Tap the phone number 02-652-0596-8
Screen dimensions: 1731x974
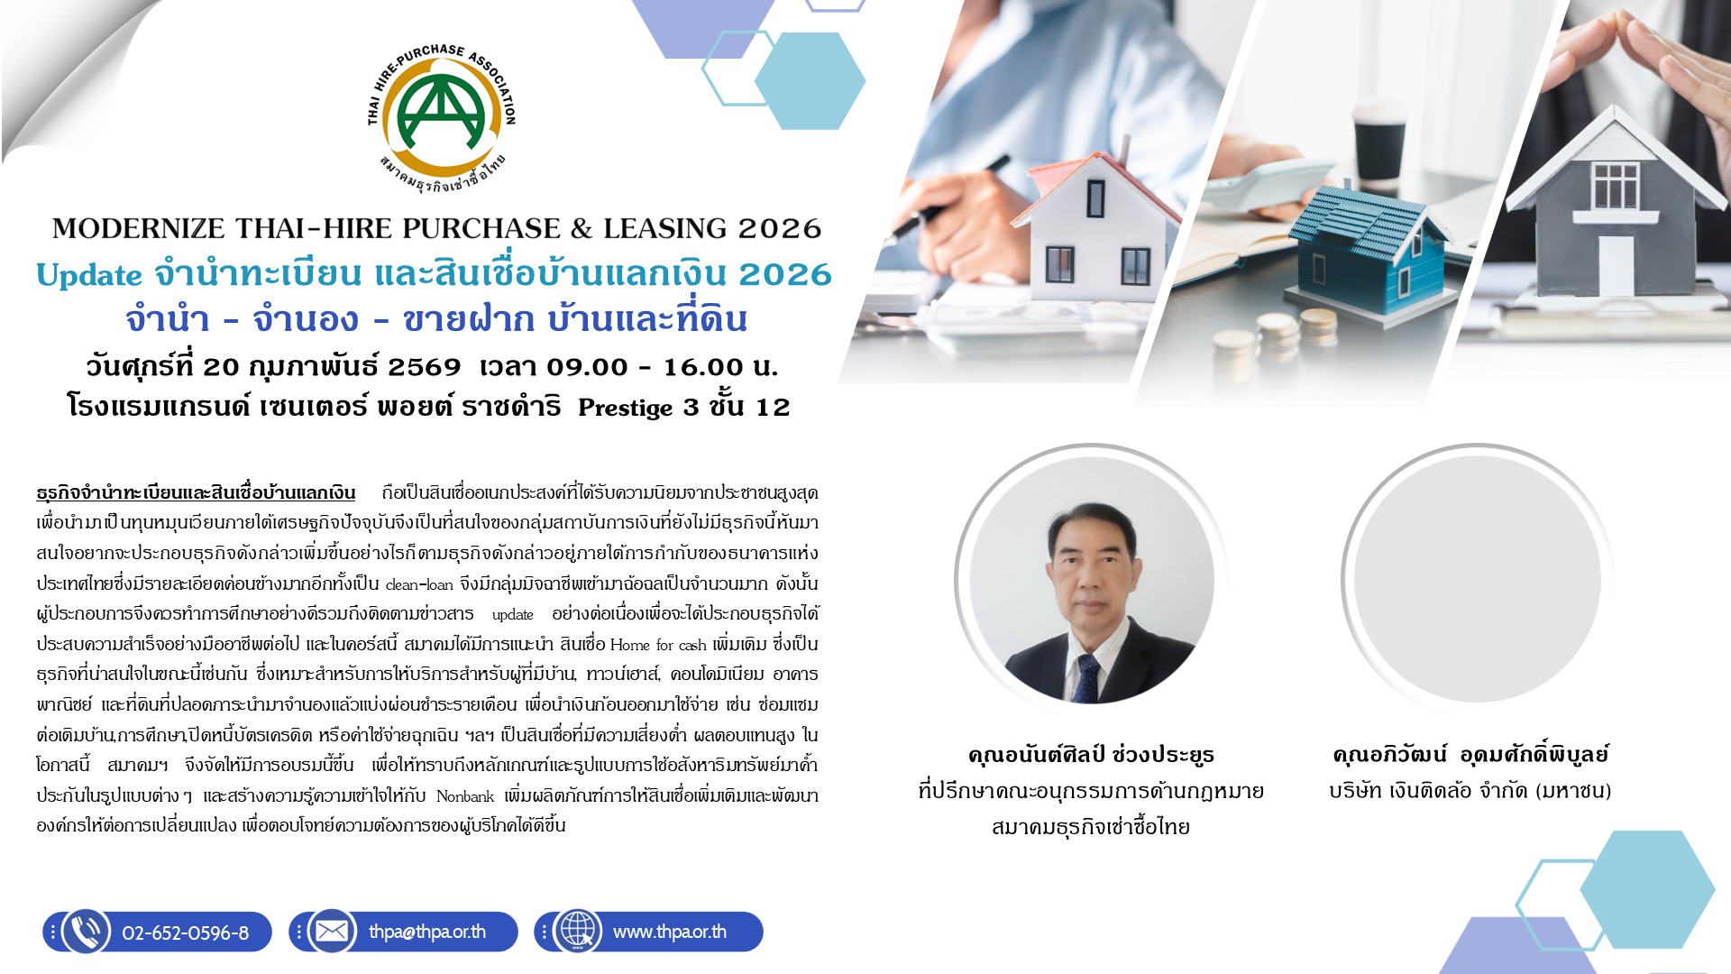185,933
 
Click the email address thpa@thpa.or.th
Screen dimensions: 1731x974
427,932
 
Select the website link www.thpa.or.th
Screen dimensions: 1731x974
670,932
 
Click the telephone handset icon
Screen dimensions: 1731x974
86,932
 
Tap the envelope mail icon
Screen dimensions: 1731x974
332,932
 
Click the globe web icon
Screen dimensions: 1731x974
577,932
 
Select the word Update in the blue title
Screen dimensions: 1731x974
89,275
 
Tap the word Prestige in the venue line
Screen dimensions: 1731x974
626,408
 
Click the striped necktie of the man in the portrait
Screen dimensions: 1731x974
1086,676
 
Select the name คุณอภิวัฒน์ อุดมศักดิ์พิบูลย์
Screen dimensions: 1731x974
1470,754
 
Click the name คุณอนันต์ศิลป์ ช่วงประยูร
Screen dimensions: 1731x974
1091,754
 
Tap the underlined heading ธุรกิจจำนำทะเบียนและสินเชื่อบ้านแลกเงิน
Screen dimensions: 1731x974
196,493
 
